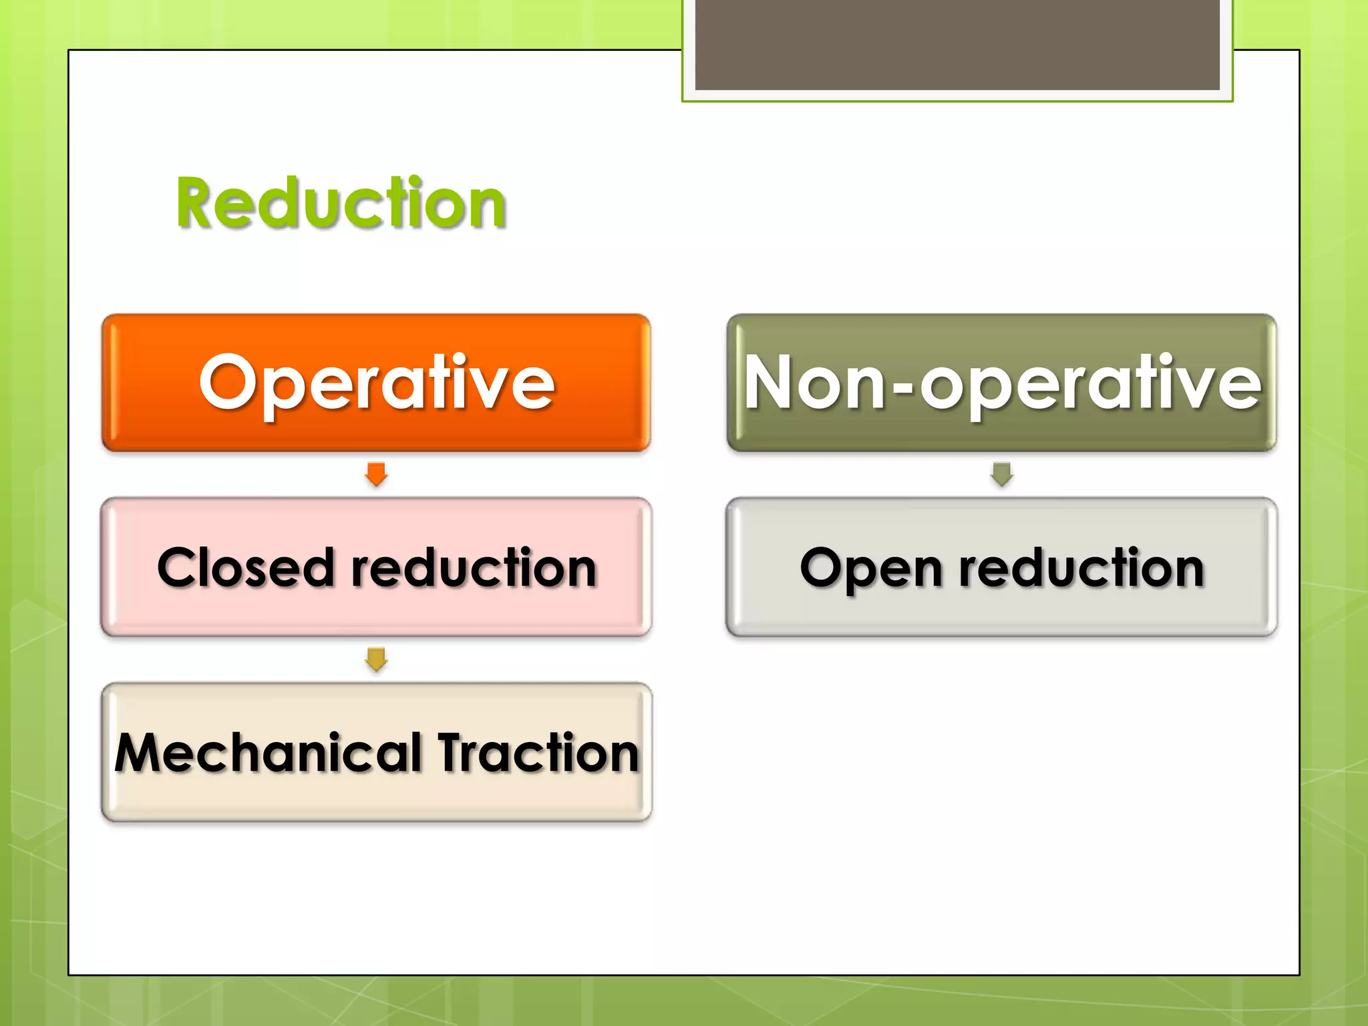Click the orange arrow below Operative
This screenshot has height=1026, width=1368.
tap(376, 474)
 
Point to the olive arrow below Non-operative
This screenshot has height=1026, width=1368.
tap(1001, 474)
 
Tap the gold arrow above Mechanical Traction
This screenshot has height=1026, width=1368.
tap(376, 659)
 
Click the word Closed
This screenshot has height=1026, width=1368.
tap(245, 568)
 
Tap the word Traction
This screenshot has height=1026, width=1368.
tap(538, 753)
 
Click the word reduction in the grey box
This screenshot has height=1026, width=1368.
tap(1081, 568)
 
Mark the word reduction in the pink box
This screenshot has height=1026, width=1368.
tap(474, 568)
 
